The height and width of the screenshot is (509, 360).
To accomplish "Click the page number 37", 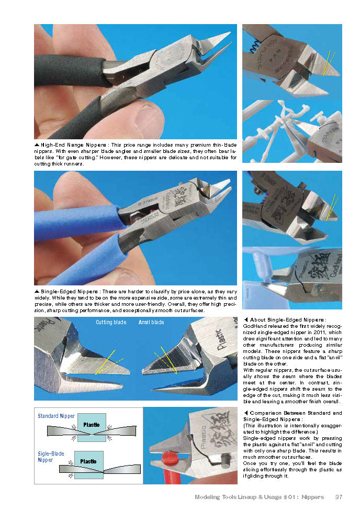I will (x=339, y=496).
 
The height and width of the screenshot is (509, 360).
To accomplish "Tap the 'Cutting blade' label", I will (x=111, y=322).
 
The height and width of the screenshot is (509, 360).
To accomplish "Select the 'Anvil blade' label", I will (x=151, y=322).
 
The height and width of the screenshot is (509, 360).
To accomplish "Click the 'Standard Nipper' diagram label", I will (x=56, y=416).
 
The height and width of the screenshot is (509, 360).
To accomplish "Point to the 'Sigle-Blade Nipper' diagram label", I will (x=51, y=457).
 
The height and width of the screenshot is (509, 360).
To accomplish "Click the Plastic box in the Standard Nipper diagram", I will (x=92, y=425).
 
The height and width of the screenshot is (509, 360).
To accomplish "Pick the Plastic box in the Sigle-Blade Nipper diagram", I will (x=88, y=462).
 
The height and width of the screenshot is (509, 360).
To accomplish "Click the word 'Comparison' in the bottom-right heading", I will (x=266, y=413).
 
